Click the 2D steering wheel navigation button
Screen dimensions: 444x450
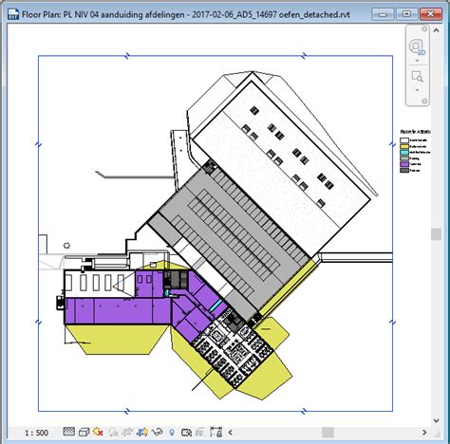click(418, 46)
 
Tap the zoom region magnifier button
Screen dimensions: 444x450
click(418, 77)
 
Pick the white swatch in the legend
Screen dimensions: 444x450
click(405, 139)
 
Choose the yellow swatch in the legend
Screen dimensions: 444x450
click(405, 144)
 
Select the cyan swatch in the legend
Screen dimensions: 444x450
click(405, 151)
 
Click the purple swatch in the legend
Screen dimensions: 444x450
click(405, 163)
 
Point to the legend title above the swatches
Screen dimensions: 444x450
click(416, 132)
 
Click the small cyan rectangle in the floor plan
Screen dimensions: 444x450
click(216, 304)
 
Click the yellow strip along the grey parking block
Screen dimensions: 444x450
click(284, 294)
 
